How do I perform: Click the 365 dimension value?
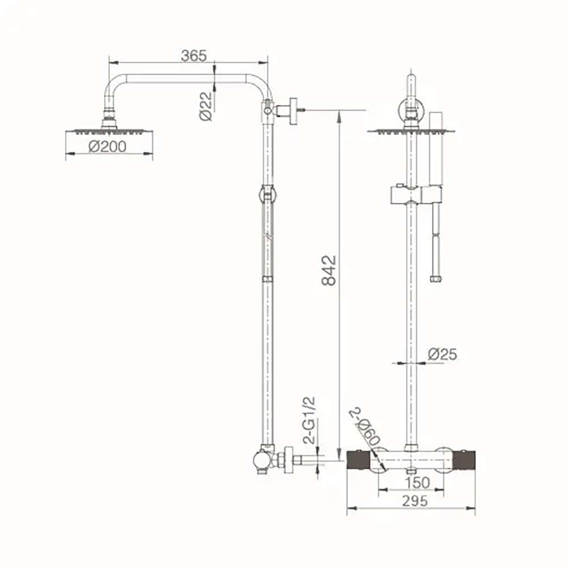[x=193, y=56]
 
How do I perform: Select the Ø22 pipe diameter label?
[x=205, y=105]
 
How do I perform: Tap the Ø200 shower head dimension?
[x=107, y=146]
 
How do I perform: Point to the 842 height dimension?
[x=329, y=270]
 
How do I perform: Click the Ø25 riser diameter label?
[x=442, y=354]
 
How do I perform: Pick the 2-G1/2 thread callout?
[x=309, y=420]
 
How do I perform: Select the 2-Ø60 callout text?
[x=364, y=427]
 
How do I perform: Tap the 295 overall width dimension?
[x=415, y=501]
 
